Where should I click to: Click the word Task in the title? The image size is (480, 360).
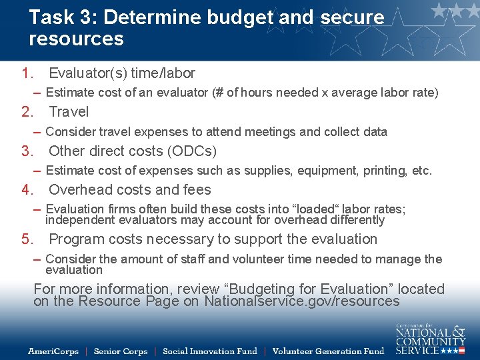(x=49, y=17)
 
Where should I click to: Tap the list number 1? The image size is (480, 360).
(x=27, y=73)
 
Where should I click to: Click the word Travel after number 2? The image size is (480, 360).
(x=69, y=112)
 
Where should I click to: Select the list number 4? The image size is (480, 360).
(x=27, y=190)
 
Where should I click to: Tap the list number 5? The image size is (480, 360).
(x=27, y=239)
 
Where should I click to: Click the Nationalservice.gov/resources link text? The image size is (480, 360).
(x=302, y=301)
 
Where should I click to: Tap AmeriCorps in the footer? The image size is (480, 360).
(x=53, y=351)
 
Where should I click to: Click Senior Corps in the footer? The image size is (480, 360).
(x=120, y=351)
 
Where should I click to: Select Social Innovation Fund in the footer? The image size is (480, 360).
(x=209, y=351)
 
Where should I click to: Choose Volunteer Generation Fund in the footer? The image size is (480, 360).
(x=328, y=351)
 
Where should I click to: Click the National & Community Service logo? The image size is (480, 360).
(x=430, y=339)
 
